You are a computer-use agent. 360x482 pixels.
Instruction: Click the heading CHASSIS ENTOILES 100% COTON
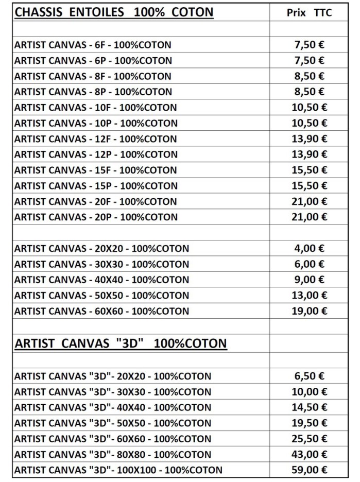[x=113, y=12]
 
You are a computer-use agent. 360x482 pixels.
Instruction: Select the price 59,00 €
[x=309, y=470]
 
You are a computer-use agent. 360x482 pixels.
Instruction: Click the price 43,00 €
[x=309, y=454]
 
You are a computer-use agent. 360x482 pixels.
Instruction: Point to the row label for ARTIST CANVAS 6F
[x=93, y=45]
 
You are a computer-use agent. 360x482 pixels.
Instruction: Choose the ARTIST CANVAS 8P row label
[x=93, y=92]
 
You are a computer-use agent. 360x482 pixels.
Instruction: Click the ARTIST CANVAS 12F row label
[x=95, y=139]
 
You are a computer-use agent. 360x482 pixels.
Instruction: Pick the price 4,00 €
[x=309, y=249]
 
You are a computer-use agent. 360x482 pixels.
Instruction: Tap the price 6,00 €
[x=309, y=264]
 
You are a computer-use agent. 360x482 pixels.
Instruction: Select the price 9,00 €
[x=309, y=280]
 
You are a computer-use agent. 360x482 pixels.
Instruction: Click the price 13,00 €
[x=309, y=296]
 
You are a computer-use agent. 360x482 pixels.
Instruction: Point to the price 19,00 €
[x=309, y=311]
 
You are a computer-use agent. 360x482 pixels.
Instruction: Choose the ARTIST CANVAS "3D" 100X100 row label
[x=118, y=470]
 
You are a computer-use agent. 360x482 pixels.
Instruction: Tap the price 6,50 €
[x=309, y=376]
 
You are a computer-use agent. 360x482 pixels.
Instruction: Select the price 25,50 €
[x=309, y=439]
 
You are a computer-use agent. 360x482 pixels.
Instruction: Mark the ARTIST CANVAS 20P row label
[x=96, y=217]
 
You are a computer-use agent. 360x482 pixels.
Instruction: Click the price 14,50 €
[x=309, y=407]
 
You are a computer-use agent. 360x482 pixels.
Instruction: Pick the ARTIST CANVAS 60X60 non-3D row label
[x=101, y=311]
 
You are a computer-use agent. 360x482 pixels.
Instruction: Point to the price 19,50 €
[x=309, y=423]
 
